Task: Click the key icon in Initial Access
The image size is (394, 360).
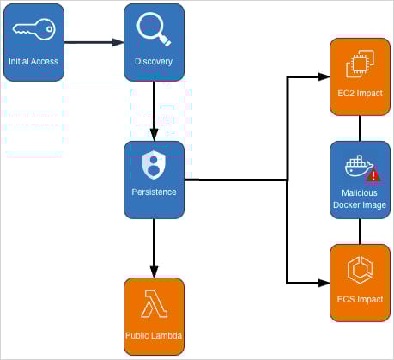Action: tap(33, 30)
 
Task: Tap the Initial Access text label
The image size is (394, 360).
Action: tap(33, 62)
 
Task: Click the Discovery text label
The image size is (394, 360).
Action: tap(154, 62)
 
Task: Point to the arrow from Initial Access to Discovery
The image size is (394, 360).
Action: tap(94, 41)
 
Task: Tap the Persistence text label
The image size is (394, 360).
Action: tap(155, 192)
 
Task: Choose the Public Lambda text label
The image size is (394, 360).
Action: tap(155, 333)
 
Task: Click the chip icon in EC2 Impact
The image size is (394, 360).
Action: tap(359, 64)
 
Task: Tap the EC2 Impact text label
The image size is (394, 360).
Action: tap(360, 93)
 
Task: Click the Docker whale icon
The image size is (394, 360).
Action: tap(356, 166)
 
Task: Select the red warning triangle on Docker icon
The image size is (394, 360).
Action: tap(373, 175)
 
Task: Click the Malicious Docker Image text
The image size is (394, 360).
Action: tap(360, 200)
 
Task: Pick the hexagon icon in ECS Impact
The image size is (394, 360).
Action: tap(359, 270)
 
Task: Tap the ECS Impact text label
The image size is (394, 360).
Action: tap(360, 300)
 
